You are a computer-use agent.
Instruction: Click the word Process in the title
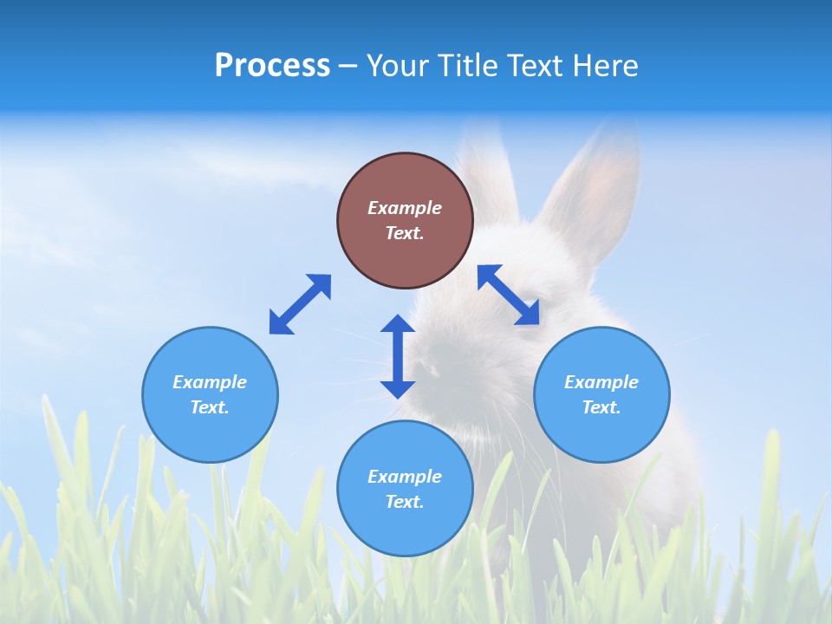tap(272, 66)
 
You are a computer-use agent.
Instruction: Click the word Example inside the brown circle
tap(405, 208)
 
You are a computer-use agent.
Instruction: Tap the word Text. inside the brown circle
tap(405, 233)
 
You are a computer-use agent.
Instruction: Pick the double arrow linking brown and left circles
tap(300, 304)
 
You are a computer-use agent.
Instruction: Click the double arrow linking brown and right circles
tap(509, 295)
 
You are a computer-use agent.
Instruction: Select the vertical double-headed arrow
tap(398, 356)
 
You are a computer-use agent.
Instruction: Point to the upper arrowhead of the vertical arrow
tap(398, 325)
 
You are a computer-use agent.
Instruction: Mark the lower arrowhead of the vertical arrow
tap(398, 387)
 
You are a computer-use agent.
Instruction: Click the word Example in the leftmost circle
tap(210, 382)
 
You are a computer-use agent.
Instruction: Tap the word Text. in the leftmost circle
tap(210, 407)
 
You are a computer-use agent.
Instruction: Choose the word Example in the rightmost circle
tap(601, 382)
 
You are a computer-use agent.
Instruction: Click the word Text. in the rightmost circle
tap(601, 407)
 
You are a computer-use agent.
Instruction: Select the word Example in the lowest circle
tap(405, 477)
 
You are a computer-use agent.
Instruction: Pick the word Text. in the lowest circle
tap(405, 502)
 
